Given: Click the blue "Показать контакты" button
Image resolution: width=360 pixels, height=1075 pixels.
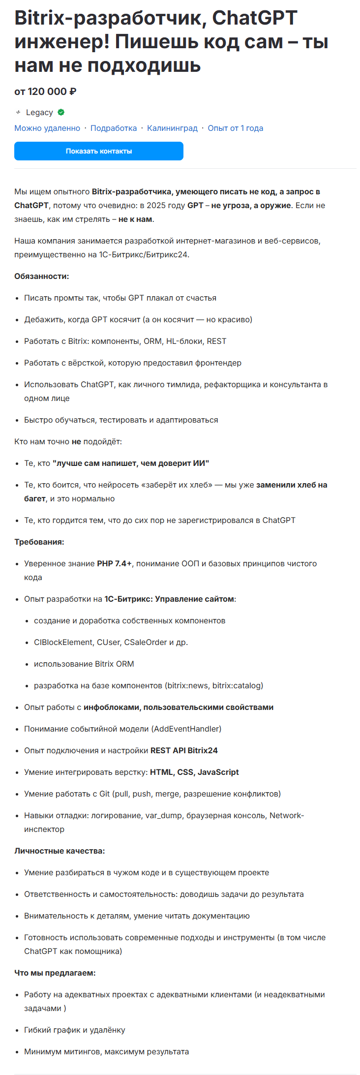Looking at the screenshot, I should (99, 151).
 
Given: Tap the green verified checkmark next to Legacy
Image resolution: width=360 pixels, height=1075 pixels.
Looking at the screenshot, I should (61, 112).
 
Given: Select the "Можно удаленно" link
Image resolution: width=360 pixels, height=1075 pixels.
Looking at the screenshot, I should (47, 128).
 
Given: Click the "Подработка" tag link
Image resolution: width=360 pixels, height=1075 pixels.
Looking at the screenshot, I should (114, 128).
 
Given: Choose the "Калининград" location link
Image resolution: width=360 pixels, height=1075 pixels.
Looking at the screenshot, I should (172, 128).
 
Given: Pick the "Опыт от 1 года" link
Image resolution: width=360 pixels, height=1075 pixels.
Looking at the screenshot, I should (235, 128).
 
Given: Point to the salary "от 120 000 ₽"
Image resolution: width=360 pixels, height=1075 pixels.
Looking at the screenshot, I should (45, 92).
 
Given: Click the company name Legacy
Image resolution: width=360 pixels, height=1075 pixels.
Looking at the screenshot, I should (39, 112).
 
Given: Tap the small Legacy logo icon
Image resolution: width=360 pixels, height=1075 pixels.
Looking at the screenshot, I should (18, 112).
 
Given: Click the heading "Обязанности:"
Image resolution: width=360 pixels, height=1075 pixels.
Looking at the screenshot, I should (42, 276).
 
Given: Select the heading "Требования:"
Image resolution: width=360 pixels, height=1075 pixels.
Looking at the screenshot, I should (39, 542).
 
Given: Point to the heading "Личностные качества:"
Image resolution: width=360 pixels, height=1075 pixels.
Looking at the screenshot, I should (60, 851).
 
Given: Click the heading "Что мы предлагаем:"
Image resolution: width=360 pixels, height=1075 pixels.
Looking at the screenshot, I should (55, 973).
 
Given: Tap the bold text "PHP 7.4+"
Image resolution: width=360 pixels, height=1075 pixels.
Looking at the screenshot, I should (114, 563).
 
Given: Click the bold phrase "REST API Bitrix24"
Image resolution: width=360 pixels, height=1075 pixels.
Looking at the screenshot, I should (184, 750).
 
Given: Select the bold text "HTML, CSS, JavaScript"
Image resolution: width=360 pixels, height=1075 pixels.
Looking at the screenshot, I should (194, 772).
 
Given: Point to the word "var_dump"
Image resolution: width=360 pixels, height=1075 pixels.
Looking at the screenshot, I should (164, 815).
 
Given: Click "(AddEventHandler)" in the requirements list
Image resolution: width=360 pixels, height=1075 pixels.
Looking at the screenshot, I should (187, 729).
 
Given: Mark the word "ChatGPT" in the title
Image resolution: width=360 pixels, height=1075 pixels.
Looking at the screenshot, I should (255, 18).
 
